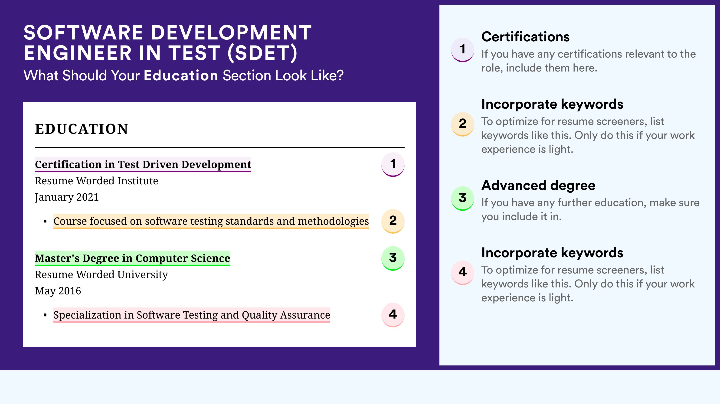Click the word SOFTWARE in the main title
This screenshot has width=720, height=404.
click(83, 33)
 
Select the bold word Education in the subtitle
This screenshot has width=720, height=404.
click(181, 75)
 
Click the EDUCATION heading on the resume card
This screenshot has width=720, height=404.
click(81, 129)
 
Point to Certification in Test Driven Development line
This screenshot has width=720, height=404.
click(143, 164)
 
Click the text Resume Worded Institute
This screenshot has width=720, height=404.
click(96, 181)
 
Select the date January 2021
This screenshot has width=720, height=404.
click(67, 197)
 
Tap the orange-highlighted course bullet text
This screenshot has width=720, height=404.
click(211, 221)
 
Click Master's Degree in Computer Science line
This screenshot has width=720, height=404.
click(132, 258)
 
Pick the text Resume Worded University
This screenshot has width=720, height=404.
click(101, 275)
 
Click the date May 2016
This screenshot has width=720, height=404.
click(58, 291)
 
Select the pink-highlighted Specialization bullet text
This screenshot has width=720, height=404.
click(192, 315)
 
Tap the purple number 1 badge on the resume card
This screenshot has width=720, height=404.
click(393, 164)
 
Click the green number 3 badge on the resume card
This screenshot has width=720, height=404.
click(393, 258)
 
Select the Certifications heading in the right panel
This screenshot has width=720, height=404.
click(525, 37)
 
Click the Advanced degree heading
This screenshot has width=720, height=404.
click(538, 186)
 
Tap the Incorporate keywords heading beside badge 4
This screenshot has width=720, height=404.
click(552, 253)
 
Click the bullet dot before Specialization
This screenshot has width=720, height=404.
click(45, 315)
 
